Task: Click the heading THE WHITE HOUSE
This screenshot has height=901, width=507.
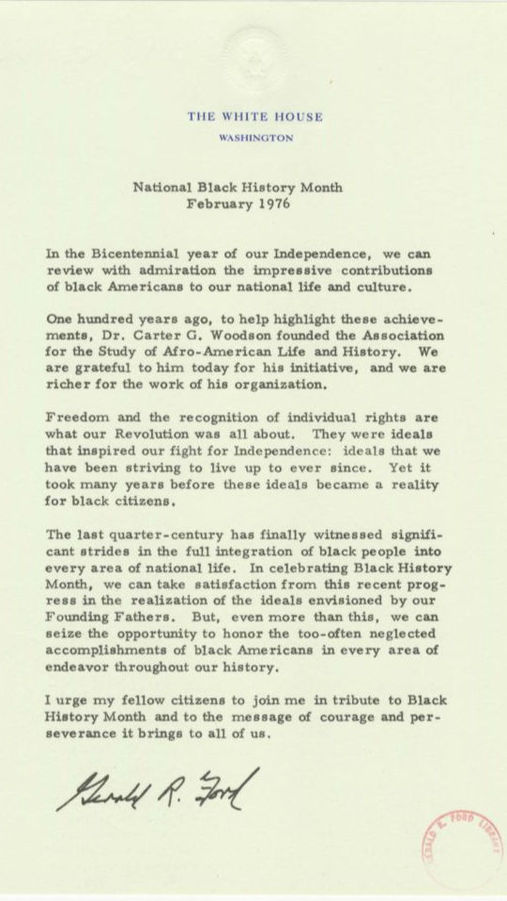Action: [255, 117]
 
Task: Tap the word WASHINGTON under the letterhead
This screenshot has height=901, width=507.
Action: [255, 137]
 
